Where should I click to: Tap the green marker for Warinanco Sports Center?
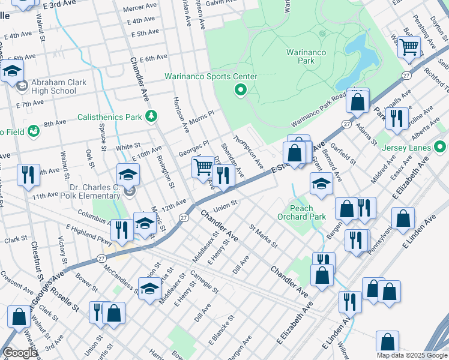coord(241,90)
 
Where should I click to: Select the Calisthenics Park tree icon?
coord(152,115)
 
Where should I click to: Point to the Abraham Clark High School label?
coord(51,87)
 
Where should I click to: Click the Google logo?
coord(20,353)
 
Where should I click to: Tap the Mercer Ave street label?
coord(139,9)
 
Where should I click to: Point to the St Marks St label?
coord(264,236)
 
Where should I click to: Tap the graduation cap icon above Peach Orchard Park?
coord(321,184)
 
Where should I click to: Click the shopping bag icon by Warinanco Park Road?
coord(358,103)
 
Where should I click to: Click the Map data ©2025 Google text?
coord(411,355)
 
